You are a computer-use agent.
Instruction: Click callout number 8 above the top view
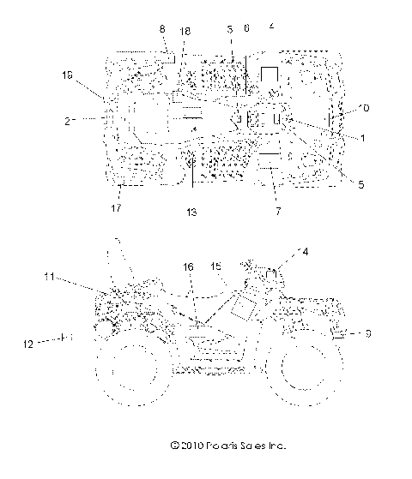163,30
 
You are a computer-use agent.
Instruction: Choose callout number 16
187,267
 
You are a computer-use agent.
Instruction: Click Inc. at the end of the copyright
270,446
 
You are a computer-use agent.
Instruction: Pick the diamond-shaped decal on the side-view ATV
241,304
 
